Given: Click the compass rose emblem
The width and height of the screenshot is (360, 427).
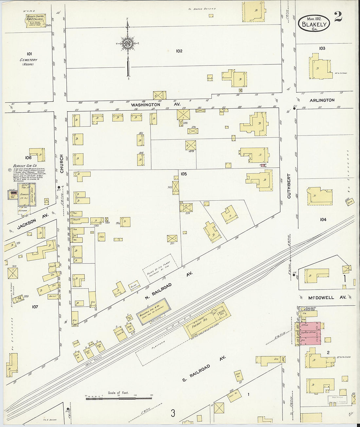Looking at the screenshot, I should tap(128, 44).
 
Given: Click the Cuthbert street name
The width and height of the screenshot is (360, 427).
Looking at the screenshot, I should tap(289, 186).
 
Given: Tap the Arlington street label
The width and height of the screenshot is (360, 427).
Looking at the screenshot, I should tap(322, 100).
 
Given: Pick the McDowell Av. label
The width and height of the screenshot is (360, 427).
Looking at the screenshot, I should tap(321, 297).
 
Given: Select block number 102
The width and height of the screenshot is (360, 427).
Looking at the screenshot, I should tap(179, 51).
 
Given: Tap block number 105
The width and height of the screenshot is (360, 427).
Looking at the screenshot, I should tap(184, 174).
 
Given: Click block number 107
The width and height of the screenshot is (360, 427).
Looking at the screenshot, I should tap(35, 307).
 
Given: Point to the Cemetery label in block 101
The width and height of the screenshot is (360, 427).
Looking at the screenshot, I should tap(28, 60).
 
